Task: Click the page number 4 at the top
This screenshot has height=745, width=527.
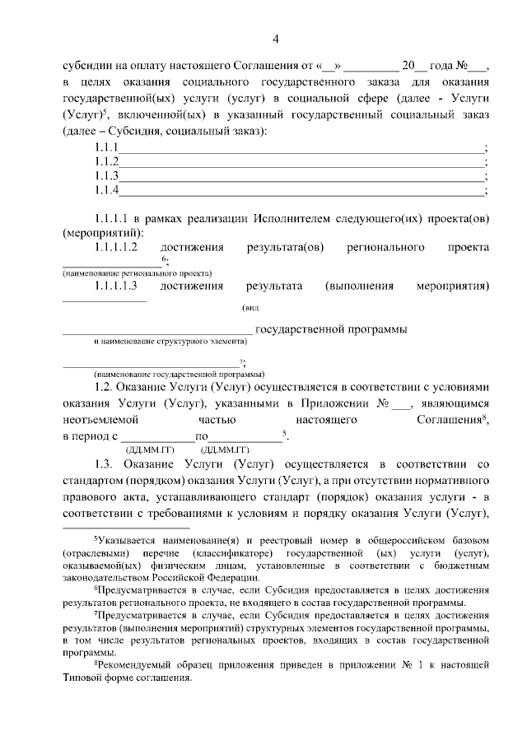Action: tap(276, 39)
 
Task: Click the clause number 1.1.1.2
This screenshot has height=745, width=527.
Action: tap(115, 247)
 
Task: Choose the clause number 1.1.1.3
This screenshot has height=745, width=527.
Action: tap(115, 286)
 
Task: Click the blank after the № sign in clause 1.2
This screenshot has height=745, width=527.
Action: tap(401, 404)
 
